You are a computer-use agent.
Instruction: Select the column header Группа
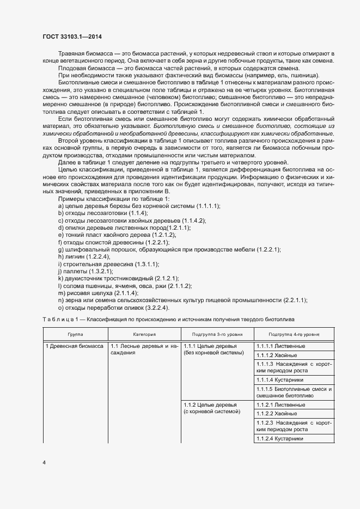pos(75,334)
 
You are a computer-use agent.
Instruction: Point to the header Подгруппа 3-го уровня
pos(217,334)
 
